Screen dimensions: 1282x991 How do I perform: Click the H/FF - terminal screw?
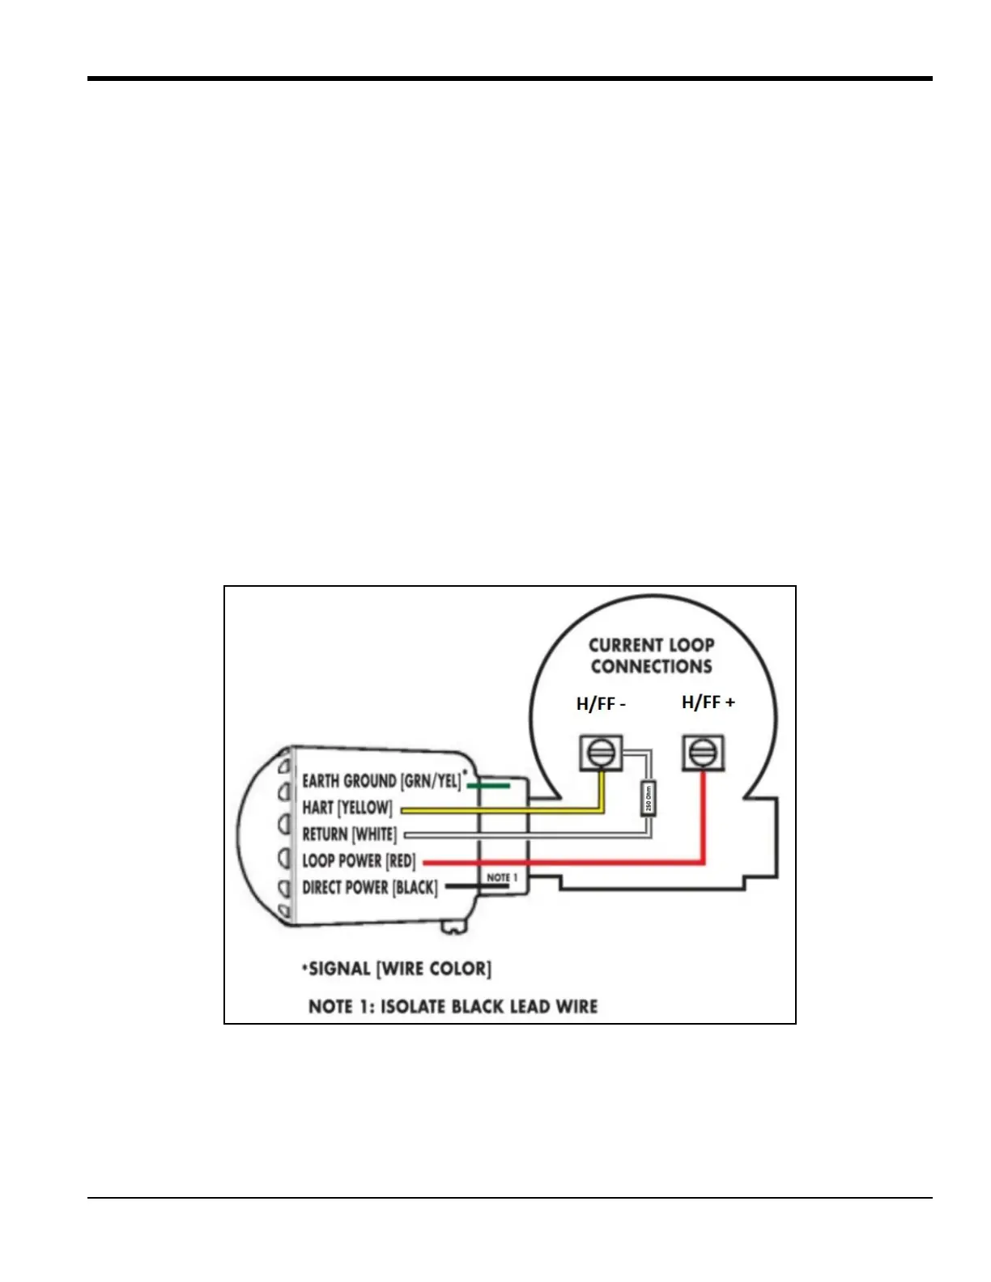point(601,753)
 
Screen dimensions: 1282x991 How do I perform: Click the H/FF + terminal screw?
point(703,753)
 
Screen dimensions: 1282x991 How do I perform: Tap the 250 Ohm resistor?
point(648,799)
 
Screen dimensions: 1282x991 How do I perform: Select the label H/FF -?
point(601,704)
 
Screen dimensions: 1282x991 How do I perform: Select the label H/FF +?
point(708,703)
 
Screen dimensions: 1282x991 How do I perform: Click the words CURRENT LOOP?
point(652,645)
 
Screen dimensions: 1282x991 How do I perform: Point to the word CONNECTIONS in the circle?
point(652,667)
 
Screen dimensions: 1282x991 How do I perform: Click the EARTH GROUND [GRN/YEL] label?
point(381,781)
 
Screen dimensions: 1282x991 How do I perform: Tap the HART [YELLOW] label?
point(347,808)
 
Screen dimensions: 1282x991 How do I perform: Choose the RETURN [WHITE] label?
point(350,834)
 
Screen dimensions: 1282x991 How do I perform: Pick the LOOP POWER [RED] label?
point(359,861)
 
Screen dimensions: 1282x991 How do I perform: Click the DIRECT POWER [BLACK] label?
point(370,888)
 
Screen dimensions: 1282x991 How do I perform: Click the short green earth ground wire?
point(488,785)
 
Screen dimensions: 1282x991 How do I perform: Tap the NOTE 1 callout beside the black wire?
point(502,877)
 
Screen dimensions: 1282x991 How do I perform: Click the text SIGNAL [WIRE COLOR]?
point(400,969)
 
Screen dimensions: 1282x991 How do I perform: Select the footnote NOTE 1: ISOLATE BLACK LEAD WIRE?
point(453,1007)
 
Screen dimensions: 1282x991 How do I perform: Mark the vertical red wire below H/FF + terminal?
point(704,817)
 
